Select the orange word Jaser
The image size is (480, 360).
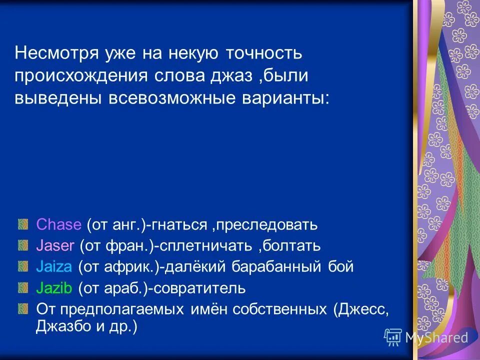click(55, 246)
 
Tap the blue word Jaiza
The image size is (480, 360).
click(54, 267)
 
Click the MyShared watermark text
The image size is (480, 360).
click(436, 337)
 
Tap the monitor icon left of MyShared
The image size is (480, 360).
click(393, 337)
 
